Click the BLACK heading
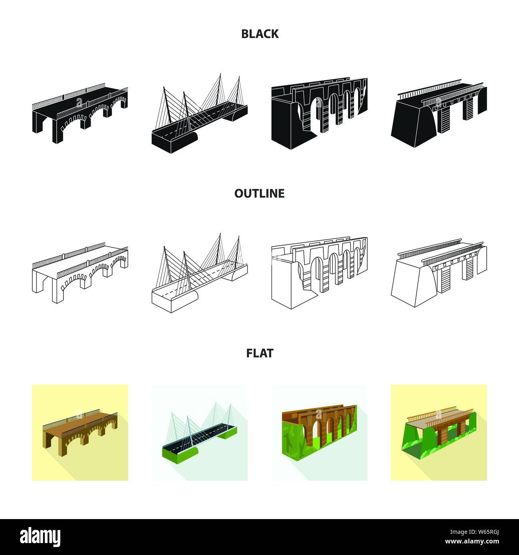tap(259, 34)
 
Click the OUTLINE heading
tap(259, 193)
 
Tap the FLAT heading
tap(259, 353)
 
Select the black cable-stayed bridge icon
tap(200, 113)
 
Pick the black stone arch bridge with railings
tap(80, 113)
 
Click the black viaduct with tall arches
tap(319, 113)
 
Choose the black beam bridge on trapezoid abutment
tap(439, 113)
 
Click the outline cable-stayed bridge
tap(200, 273)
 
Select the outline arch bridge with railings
tap(80, 273)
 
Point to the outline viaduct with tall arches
tap(319, 273)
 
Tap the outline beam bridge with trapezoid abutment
tap(439, 273)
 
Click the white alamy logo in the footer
tap(40, 537)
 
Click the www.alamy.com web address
tap(472, 541)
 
